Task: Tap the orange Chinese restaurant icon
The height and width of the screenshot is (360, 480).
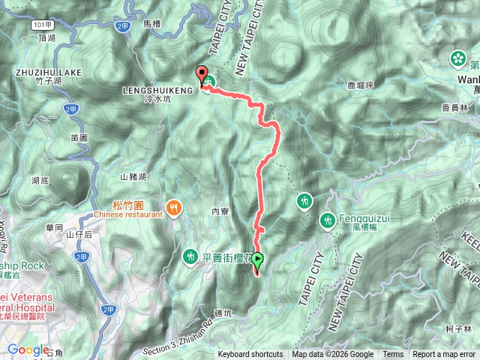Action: click(175, 208)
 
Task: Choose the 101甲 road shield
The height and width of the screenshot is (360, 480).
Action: click(42, 25)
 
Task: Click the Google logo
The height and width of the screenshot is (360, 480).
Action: click(28, 349)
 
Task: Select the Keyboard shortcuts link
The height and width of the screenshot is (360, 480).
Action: click(250, 355)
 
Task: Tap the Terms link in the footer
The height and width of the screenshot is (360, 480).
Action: click(393, 355)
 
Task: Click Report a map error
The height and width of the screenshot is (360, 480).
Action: click(445, 355)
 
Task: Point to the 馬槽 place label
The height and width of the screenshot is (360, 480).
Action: click(151, 24)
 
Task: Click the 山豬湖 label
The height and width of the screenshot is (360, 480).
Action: click(133, 177)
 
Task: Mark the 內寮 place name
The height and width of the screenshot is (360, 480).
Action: click(220, 212)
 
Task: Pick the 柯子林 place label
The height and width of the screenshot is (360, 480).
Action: click(457, 328)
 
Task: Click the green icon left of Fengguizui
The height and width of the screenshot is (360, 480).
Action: click(328, 220)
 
